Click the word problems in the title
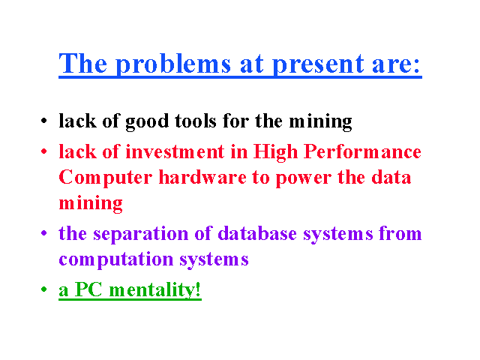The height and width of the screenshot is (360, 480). point(173,64)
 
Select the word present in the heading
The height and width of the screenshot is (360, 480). point(318,65)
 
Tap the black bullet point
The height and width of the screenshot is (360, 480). point(44,120)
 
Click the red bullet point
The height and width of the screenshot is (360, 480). point(44,151)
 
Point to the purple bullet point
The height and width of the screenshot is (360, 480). point(44,233)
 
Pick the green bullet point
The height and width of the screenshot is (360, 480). point(44,289)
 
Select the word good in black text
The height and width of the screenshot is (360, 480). point(147,122)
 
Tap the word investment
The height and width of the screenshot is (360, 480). point(175,151)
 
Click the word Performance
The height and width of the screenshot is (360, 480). point(362,151)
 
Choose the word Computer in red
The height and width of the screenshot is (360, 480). point(105,178)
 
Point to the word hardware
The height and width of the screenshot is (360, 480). point(202,177)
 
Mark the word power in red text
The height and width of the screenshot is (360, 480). point(303,179)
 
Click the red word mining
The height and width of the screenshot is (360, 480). point(91,204)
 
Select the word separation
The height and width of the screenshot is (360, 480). point(141,235)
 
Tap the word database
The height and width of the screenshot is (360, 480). point(257,233)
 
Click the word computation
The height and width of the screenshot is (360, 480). point(116,260)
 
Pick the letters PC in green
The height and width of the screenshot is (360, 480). point(88,289)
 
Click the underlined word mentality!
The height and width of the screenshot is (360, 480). point(155,289)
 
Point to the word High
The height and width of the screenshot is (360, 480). point(275,152)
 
